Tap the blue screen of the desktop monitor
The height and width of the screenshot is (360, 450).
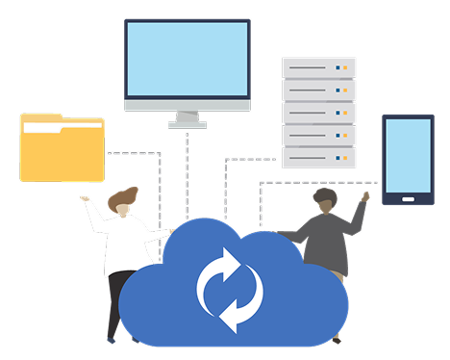187,59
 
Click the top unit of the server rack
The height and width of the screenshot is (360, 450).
318,67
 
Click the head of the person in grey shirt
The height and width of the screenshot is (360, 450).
325,201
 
